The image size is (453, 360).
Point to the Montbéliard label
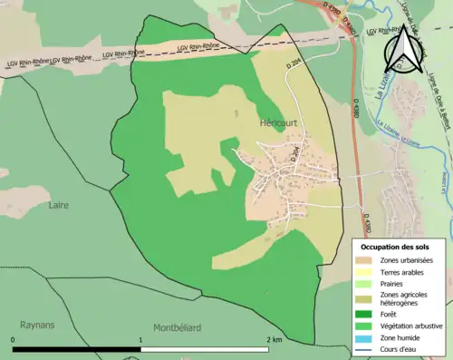tap(177, 327)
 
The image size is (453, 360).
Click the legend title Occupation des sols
tap(396, 247)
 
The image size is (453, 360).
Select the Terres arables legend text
tap(405, 273)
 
